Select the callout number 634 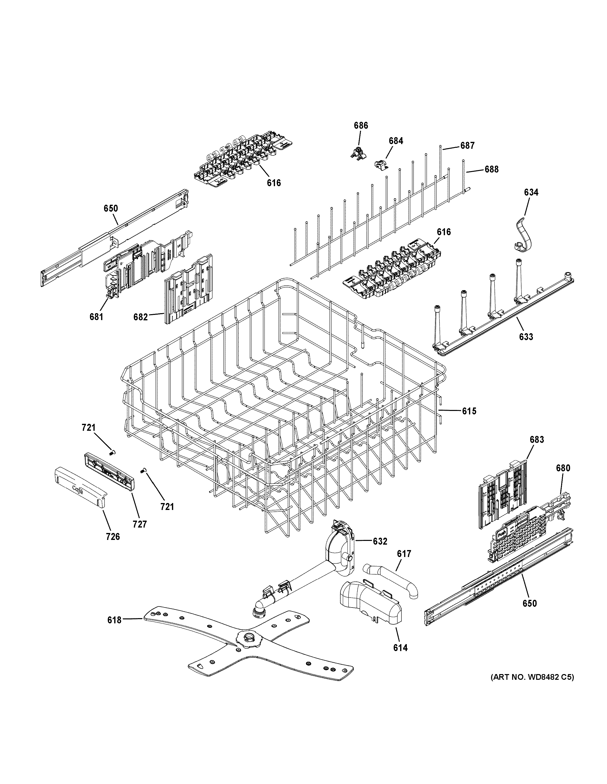[531, 192]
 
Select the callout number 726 [113, 546]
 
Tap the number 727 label [140, 524]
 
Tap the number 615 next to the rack [469, 411]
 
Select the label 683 [537, 439]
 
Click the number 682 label [140, 317]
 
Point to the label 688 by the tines [491, 169]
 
